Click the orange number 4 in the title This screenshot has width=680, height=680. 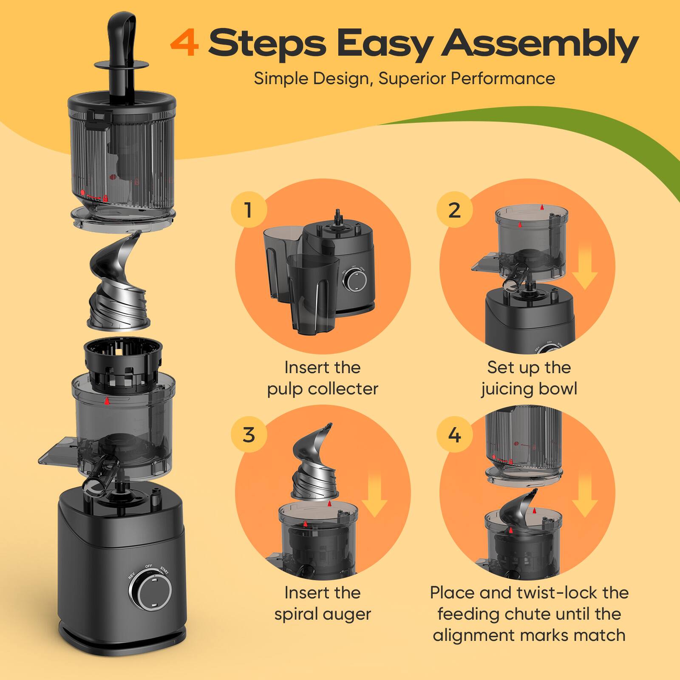[x=184, y=43]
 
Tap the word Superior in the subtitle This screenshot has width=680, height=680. [x=406, y=79]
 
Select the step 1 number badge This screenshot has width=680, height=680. [x=249, y=210]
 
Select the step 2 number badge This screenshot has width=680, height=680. [x=454, y=210]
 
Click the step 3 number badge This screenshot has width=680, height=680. [x=249, y=434]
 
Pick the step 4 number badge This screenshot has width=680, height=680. [x=454, y=434]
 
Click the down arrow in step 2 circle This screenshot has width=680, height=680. [x=585, y=268]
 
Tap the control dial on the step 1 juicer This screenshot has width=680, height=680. [x=355, y=280]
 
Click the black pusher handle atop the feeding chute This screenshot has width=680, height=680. [x=122, y=42]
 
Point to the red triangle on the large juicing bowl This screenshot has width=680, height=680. [x=107, y=401]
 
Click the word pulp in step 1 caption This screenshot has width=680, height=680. [x=285, y=389]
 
